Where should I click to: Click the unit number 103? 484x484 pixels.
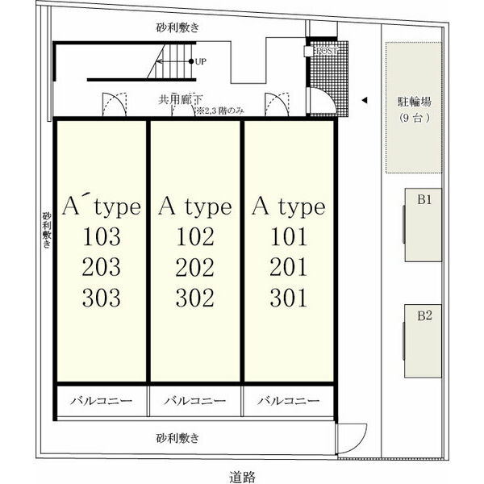click(101, 237)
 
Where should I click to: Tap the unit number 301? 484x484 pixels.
click(289, 298)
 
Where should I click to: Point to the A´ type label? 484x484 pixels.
click(101, 207)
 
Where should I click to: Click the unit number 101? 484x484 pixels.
click(289, 237)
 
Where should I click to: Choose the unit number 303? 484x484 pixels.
click(101, 298)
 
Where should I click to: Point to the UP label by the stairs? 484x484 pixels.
click(201, 60)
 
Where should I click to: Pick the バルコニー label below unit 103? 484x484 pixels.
click(101, 400)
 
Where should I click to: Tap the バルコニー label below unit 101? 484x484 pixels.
click(290, 400)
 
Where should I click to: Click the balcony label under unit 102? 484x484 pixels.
click(195, 400)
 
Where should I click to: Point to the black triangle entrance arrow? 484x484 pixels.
click(365, 101)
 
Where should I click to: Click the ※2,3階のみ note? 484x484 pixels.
click(219, 111)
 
